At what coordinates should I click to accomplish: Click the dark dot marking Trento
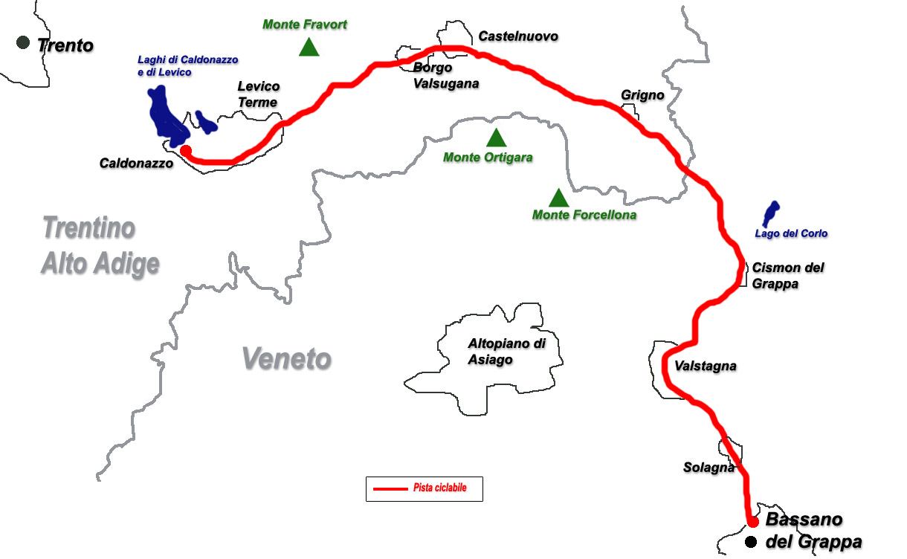pos(24,43)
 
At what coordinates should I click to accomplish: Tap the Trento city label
pos(65,45)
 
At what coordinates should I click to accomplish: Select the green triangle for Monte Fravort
pos(309,48)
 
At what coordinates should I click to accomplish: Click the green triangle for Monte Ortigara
pos(496,138)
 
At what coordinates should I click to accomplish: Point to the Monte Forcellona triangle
pos(558,198)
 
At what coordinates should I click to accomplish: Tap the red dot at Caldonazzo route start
pos(186,151)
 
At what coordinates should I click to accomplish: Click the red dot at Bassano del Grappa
pos(752,521)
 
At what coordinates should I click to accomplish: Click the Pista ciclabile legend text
pos(440,488)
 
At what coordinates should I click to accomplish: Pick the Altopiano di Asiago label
pos(507,352)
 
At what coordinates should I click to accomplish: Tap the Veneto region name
pos(286,359)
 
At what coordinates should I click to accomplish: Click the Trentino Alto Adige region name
pos(100,245)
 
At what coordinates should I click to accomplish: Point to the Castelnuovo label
pos(518,36)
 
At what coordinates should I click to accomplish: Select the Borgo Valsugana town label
pos(445,76)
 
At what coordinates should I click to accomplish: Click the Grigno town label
pos(642,95)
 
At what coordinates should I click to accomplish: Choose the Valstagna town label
pos(706,366)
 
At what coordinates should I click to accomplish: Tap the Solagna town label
pos(709,468)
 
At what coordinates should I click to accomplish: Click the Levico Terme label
pos(258,94)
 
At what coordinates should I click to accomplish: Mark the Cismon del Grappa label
pos(788,275)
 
